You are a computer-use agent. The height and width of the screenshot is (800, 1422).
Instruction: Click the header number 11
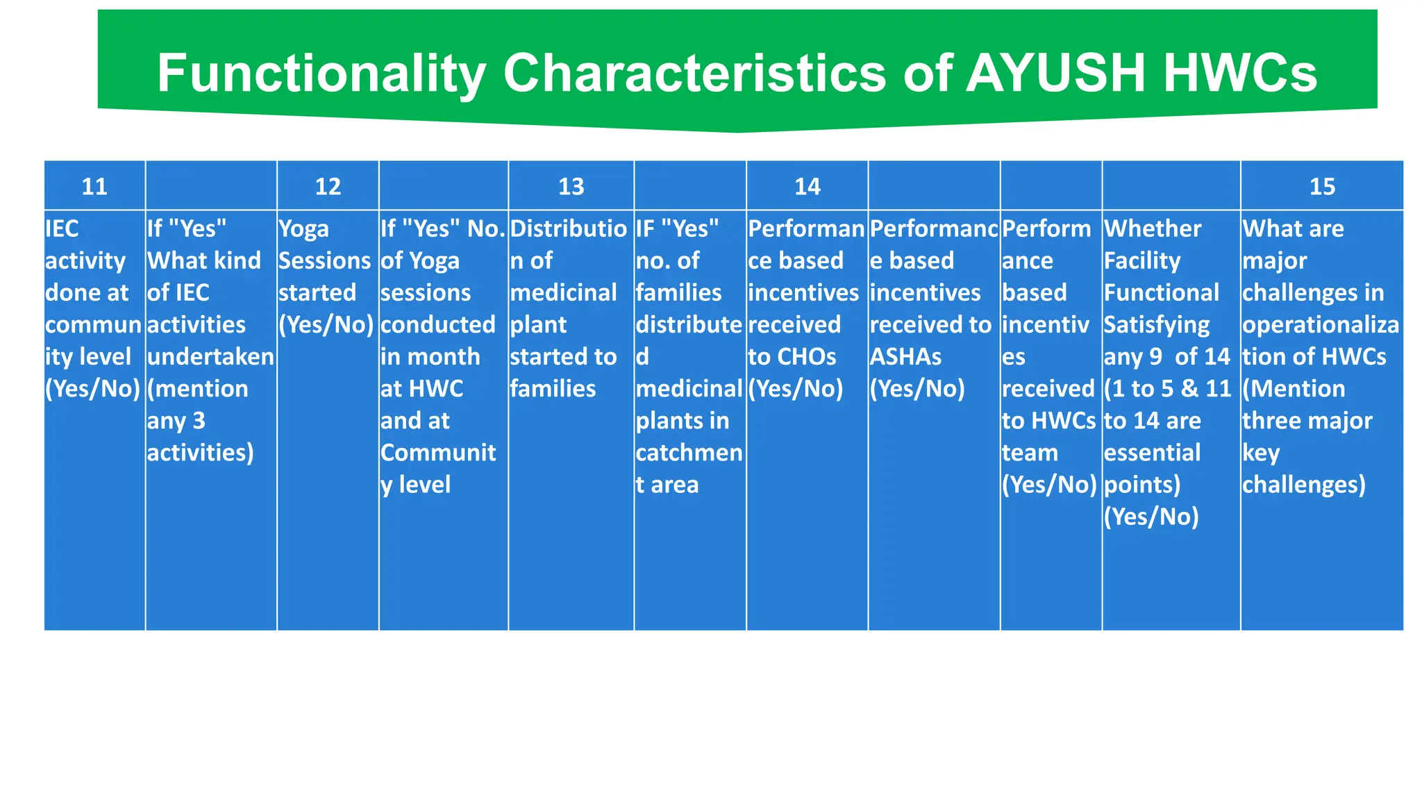(94, 186)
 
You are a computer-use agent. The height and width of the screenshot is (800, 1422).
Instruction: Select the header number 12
(328, 186)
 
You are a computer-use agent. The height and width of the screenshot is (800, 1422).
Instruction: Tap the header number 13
(571, 186)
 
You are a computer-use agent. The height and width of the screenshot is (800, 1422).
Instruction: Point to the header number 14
(808, 186)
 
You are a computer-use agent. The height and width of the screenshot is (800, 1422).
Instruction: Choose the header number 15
(1322, 186)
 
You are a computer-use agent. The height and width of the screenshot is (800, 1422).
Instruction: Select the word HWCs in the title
(1240, 74)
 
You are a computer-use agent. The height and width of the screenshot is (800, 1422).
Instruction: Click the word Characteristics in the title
(694, 74)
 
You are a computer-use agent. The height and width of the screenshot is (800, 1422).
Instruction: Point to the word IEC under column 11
(62, 228)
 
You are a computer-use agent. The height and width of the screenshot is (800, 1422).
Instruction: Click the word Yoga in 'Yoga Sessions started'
(303, 228)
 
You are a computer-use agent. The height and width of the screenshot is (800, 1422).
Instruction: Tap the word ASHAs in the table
(905, 356)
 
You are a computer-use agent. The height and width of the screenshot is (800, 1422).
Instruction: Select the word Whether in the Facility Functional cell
(1153, 228)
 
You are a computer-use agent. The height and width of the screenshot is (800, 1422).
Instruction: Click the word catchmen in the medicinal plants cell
(689, 453)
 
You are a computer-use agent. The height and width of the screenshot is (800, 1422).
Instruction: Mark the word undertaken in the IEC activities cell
(210, 356)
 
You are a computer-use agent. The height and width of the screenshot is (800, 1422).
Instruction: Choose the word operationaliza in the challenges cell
(1321, 324)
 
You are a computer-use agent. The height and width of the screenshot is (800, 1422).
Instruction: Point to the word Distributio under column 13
(569, 228)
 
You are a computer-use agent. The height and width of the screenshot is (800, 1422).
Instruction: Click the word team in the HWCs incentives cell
(1030, 453)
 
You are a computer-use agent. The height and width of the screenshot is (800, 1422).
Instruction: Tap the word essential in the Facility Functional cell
(1152, 453)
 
